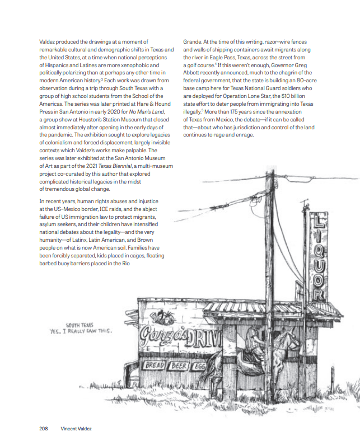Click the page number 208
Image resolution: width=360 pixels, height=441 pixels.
point(43,429)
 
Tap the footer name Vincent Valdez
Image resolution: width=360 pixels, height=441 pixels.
point(76,429)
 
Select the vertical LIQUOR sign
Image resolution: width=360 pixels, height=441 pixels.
point(318,257)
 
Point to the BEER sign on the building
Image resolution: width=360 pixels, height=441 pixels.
point(180,366)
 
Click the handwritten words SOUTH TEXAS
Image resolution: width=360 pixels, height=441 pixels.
point(80,325)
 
